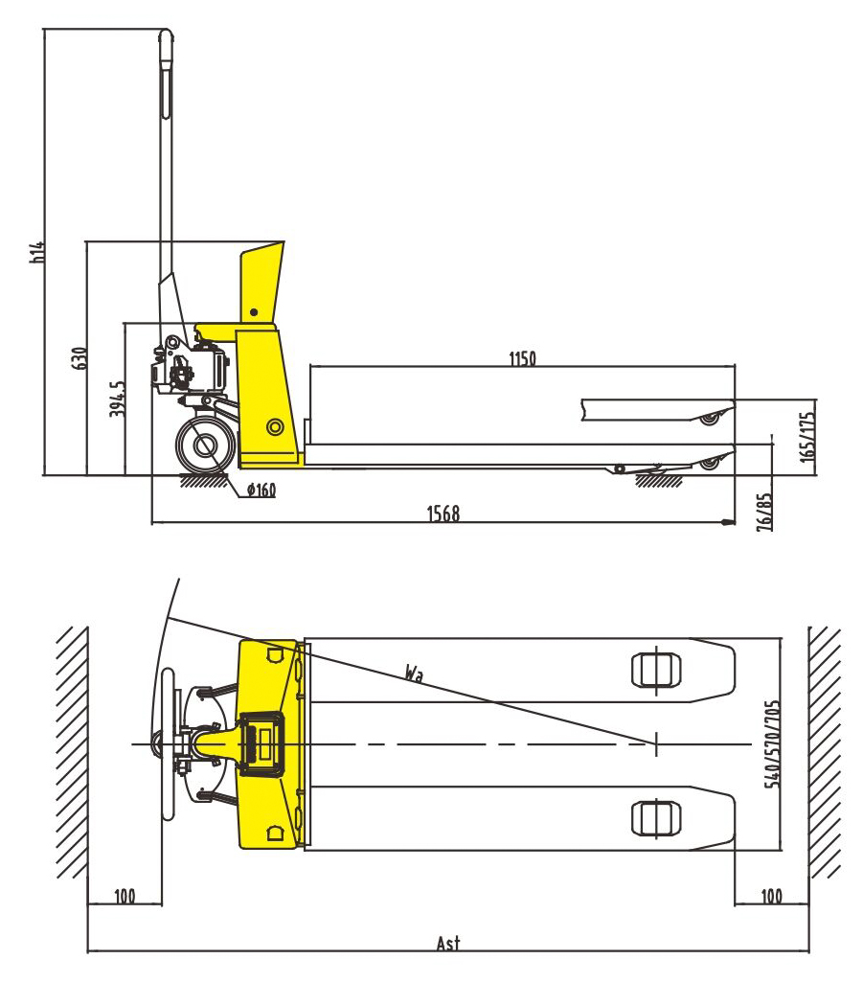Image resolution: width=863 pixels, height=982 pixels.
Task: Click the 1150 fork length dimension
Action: click(x=522, y=359)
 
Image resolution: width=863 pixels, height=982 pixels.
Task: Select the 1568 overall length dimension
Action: click(x=443, y=514)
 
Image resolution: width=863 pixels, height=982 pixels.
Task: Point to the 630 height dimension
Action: click(x=80, y=357)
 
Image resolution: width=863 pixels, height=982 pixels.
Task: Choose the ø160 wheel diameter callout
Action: click(x=261, y=491)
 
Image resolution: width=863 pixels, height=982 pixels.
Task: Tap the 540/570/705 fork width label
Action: click(x=773, y=743)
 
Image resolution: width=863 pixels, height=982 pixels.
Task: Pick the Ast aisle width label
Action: click(x=447, y=943)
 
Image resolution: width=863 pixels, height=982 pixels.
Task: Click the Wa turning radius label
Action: click(x=414, y=674)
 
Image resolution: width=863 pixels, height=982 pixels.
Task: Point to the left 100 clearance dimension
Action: click(x=125, y=897)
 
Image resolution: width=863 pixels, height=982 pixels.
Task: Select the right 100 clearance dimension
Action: click(x=771, y=897)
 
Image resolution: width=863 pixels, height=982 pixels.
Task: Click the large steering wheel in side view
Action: click(x=204, y=445)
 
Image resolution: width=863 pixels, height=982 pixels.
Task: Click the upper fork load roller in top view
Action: click(x=655, y=670)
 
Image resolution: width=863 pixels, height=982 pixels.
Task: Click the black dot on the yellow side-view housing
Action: click(x=254, y=311)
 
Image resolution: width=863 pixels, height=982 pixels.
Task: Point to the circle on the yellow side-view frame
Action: click(x=275, y=425)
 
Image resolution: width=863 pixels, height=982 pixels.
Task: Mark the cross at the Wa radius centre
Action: click(x=656, y=743)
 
